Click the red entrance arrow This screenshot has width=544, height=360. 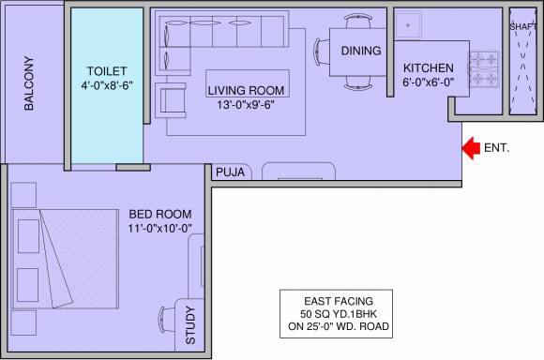pyautogui.click(x=471, y=148)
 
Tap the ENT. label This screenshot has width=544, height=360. pyautogui.click(x=497, y=148)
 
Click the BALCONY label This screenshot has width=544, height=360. pyautogui.click(x=29, y=83)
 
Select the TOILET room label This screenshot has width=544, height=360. pyautogui.click(x=107, y=71)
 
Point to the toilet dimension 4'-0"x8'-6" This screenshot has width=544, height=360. pyautogui.click(x=107, y=85)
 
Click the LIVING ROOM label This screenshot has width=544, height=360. pyautogui.click(x=246, y=91)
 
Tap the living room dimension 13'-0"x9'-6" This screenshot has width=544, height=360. pyautogui.click(x=246, y=104)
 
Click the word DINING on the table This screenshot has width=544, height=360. pyautogui.click(x=361, y=51)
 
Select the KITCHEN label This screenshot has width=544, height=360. pyautogui.click(x=429, y=68)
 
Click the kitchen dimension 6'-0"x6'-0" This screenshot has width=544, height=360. pyautogui.click(x=429, y=82)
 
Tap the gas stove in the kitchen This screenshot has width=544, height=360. pyautogui.click(x=484, y=69)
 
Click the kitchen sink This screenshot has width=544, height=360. pyautogui.click(x=408, y=25)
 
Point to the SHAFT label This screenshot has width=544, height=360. pyautogui.click(x=523, y=26)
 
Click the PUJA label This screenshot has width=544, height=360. pyautogui.click(x=231, y=172)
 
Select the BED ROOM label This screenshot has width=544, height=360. pyautogui.click(x=160, y=215)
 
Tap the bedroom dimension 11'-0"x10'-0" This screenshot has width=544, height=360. pyautogui.click(x=160, y=229)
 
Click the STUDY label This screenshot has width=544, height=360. pyautogui.click(x=190, y=325)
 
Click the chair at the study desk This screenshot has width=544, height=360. pyautogui.click(x=167, y=320)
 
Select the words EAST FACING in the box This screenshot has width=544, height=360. pyautogui.click(x=339, y=301)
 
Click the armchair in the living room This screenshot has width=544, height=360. pyautogui.click(x=171, y=100)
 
